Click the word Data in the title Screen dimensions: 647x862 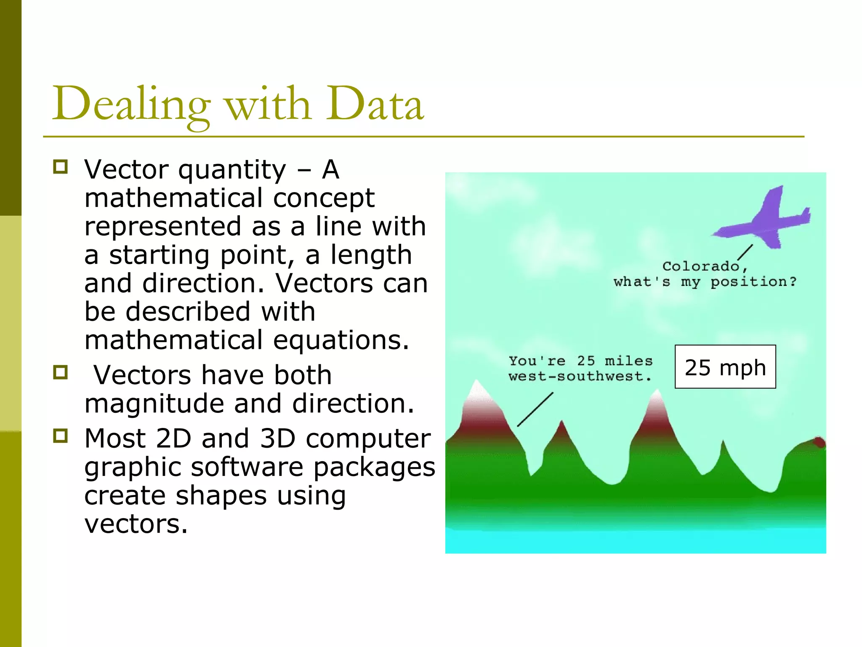point(375,104)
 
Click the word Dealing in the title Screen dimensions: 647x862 point(130,104)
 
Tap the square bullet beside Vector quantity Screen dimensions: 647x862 point(61,167)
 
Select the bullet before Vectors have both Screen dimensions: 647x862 point(61,372)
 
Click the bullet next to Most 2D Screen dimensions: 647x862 point(61,436)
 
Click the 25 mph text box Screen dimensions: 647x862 point(725,367)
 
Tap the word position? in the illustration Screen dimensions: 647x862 point(753,281)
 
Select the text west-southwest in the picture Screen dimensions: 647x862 point(580,376)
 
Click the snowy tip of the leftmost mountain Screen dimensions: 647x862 point(477,390)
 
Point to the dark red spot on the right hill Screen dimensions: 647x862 point(819,442)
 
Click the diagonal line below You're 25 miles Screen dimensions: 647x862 point(535,409)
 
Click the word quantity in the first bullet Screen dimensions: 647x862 point(232,170)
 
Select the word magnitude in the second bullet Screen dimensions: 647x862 point(154,404)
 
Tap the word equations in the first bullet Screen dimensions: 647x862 point(341,340)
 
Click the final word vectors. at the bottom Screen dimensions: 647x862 point(136,524)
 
